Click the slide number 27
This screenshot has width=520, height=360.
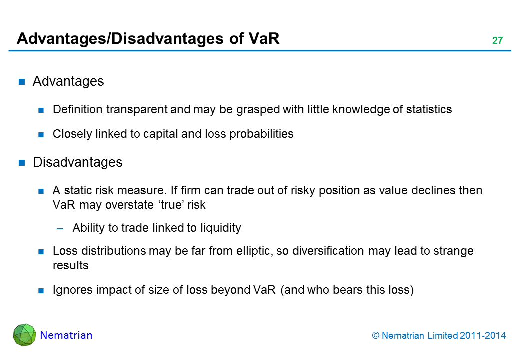(x=497, y=40)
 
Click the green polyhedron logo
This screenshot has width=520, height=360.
(x=24, y=335)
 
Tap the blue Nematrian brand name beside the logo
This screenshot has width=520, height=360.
(x=66, y=335)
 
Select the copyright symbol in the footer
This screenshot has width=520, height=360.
(x=375, y=336)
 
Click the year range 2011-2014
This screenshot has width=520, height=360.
(x=483, y=336)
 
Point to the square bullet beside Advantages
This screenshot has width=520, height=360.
(x=22, y=82)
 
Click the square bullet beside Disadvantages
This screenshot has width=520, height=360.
(x=22, y=163)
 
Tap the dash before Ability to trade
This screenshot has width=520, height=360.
(x=60, y=228)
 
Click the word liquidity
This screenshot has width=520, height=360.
(x=221, y=228)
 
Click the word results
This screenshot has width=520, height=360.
(x=71, y=265)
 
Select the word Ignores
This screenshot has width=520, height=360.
(x=73, y=290)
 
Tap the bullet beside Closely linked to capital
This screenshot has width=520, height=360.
(x=41, y=134)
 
